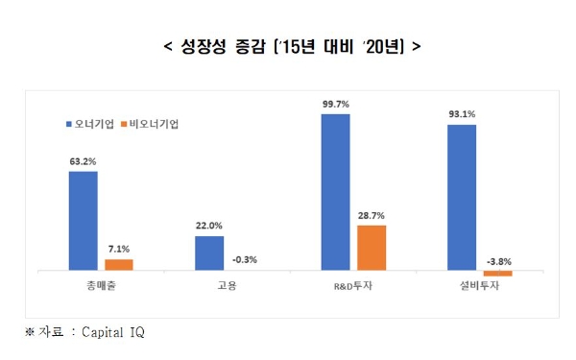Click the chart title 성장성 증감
(x=288, y=46)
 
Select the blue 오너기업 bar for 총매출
(x=83, y=221)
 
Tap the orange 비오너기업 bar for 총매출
(x=119, y=264)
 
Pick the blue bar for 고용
(x=209, y=253)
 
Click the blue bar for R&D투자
(x=335, y=192)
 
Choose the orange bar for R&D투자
(x=372, y=248)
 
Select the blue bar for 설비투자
(x=461, y=198)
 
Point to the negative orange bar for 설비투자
(x=497, y=274)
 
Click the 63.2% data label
(x=83, y=162)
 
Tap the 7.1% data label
(x=119, y=249)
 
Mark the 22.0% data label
(x=209, y=227)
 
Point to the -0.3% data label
(x=245, y=259)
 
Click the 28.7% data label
(x=372, y=215)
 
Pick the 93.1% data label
(x=461, y=114)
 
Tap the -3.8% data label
(x=497, y=260)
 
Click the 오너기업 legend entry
(x=92, y=125)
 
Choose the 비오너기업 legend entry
(x=155, y=125)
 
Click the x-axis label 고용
(x=227, y=288)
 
